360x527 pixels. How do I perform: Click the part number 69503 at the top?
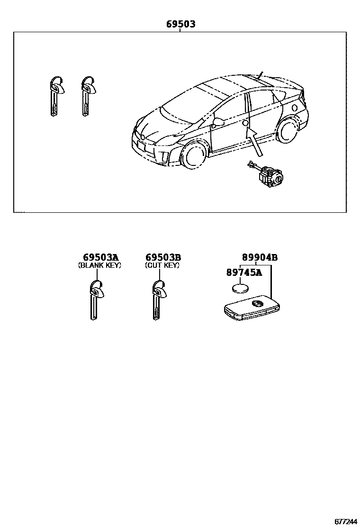[x=180, y=24]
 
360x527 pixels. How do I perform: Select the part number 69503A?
[x=99, y=257]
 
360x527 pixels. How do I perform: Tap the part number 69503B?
[x=162, y=257]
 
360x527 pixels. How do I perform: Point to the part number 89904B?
[x=260, y=257]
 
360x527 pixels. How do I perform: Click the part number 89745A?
[x=244, y=273]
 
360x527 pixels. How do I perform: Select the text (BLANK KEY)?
[x=99, y=265]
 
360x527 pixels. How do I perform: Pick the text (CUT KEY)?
[x=162, y=265]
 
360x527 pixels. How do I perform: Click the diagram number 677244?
[x=346, y=521]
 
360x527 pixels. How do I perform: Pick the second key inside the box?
[x=87, y=95]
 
